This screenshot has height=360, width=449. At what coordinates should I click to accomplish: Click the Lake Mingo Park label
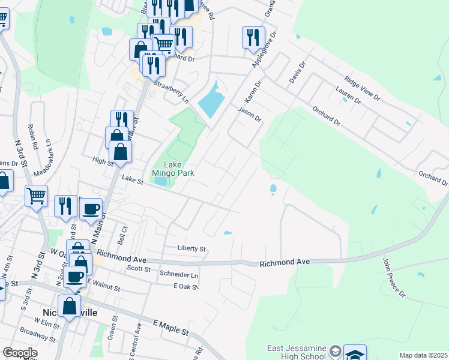[x=179, y=168]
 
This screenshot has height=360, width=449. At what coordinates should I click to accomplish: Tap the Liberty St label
[x=191, y=248]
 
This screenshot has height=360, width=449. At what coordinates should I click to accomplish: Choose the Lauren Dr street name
[x=348, y=97]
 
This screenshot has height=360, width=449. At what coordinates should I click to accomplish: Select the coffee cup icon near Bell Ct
[x=91, y=209]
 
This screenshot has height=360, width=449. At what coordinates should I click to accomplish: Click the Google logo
[x=19, y=353]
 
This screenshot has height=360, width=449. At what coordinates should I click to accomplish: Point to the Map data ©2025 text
[x=423, y=355]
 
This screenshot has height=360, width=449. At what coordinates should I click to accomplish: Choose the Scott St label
[x=139, y=269]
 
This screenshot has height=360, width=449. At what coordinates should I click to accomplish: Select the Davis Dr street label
[x=297, y=73]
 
